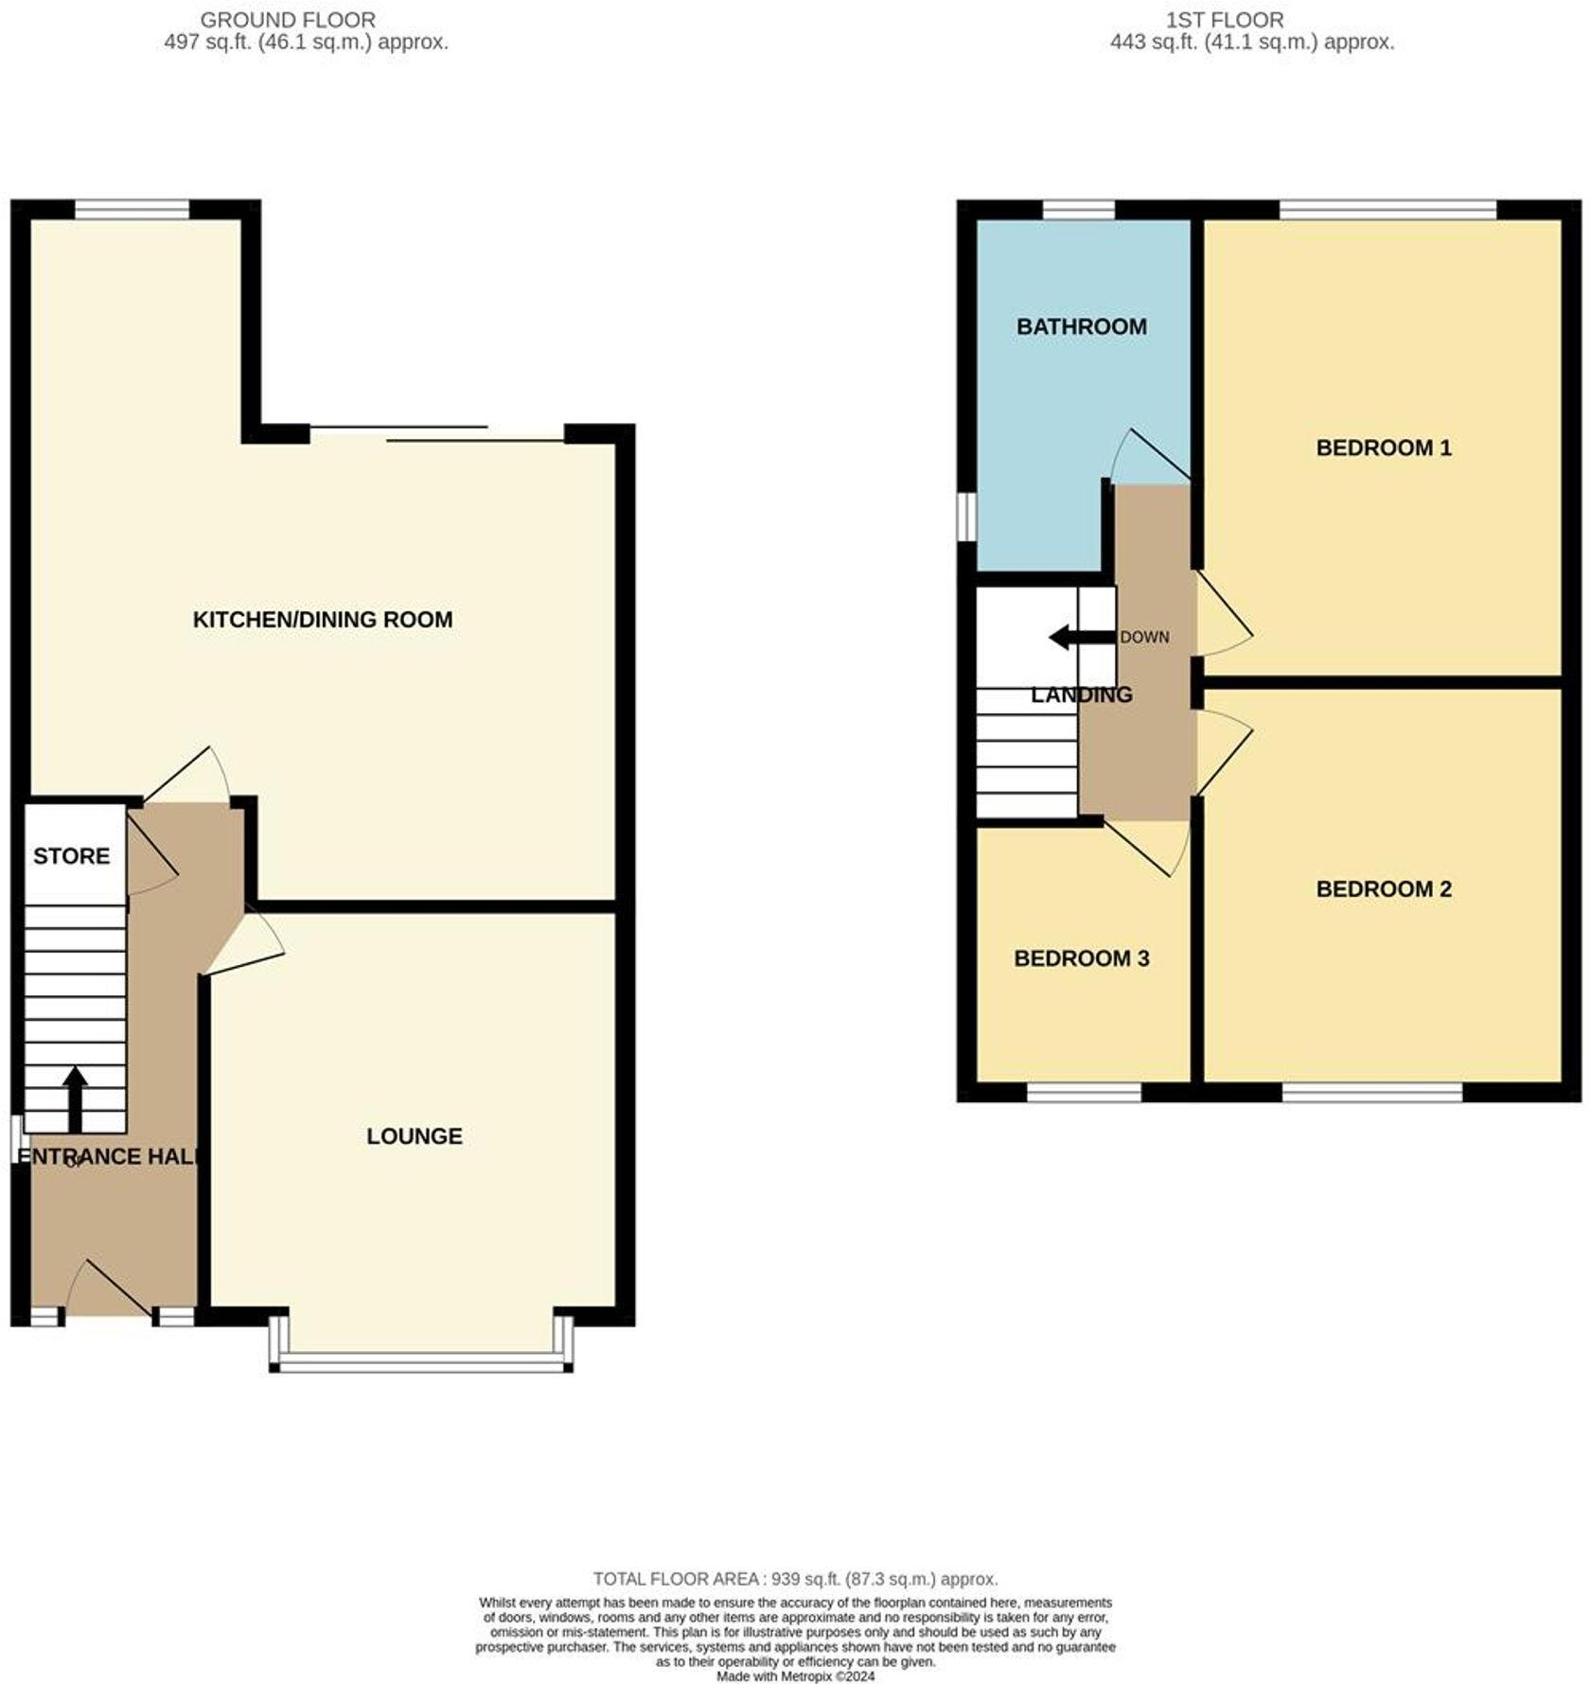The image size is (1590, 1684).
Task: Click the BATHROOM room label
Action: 1081,326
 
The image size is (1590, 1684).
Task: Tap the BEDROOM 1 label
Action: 1383,447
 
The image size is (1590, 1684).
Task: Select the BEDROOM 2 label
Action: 1383,888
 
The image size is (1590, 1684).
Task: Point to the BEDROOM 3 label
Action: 1081,958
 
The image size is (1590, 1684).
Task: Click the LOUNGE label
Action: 415,1135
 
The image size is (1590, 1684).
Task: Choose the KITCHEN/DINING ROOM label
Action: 323,620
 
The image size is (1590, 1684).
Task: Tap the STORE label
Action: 71,856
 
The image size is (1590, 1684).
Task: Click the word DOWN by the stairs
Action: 1144,637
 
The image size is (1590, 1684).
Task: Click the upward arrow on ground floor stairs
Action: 75,1097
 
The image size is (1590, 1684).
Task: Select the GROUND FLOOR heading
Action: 288,20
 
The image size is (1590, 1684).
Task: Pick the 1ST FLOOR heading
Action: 1225,20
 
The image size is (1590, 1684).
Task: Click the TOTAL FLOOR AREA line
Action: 795,1579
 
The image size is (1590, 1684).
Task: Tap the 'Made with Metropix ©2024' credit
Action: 795,1676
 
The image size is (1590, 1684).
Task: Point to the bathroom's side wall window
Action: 965,516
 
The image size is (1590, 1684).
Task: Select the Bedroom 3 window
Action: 1084,1093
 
